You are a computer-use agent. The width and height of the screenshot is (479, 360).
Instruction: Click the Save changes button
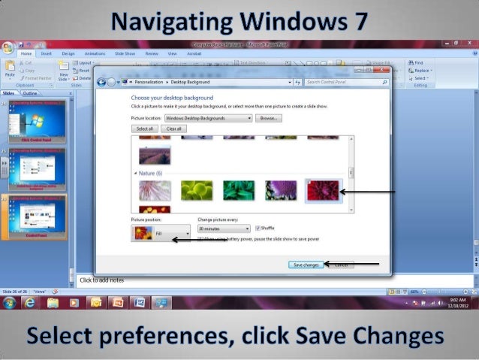[x=306, y=265]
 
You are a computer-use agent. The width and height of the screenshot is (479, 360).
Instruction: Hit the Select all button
[x=144, y=129]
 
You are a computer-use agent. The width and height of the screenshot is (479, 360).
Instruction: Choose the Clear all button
[x=173, y=129]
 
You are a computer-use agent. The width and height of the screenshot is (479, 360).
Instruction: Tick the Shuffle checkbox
[x=258, y=228]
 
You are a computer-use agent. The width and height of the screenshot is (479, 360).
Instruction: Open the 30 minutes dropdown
[x=223, y=228]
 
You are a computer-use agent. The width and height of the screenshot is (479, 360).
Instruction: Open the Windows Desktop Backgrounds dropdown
[x=209, y=118]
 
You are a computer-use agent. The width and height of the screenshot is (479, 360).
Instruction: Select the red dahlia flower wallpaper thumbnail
[x=324, y=190]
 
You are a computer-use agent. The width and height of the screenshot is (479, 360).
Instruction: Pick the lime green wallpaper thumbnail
[x=197, y=190]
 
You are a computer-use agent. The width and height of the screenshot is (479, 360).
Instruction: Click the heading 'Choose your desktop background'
[x=172, y=98]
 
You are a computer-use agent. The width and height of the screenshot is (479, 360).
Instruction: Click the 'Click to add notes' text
[x=102, y=280]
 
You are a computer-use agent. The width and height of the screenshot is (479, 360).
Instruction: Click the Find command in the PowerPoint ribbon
[x=418, y=62]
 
